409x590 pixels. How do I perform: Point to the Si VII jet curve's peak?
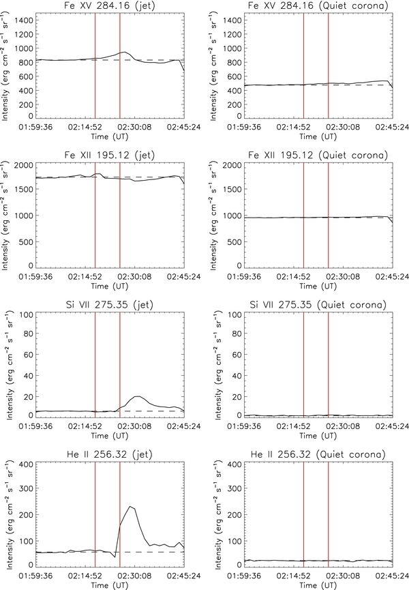click(x=138, y=396)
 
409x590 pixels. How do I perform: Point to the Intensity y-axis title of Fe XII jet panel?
click(x=7, y=215)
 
